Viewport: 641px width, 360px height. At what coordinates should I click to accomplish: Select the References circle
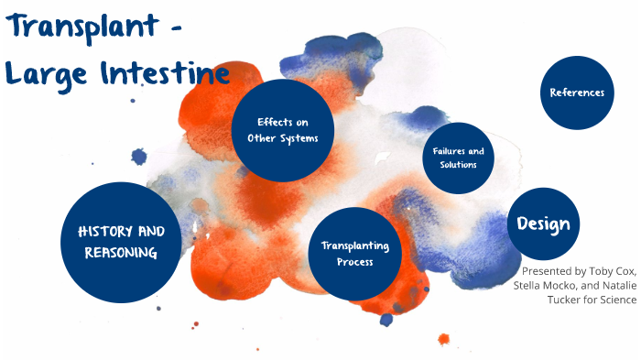tap(577, 93)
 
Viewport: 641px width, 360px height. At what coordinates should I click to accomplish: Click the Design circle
tap(543, 224)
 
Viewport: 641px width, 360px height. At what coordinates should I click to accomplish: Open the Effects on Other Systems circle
tap(282, 129)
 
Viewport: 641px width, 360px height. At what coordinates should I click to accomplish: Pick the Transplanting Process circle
tap(354, 254)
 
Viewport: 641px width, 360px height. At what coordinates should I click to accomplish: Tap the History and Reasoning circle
tap(120, 242)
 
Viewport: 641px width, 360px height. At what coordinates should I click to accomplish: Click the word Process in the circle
tap(354, 262)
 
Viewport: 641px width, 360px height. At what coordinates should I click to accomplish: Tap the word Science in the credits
tap(616, 300)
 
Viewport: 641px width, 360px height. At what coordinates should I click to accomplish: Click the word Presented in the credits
tap(549, 271)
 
